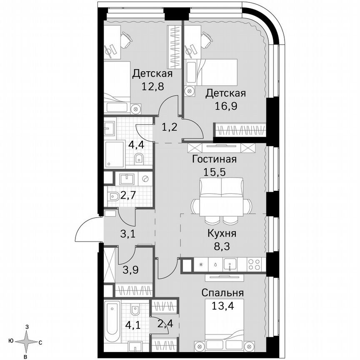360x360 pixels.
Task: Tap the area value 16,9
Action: [225, 105]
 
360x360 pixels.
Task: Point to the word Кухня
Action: [222, 233]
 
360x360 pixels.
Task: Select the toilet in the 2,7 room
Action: [113, 197]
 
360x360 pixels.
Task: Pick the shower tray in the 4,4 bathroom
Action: [115, 154]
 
